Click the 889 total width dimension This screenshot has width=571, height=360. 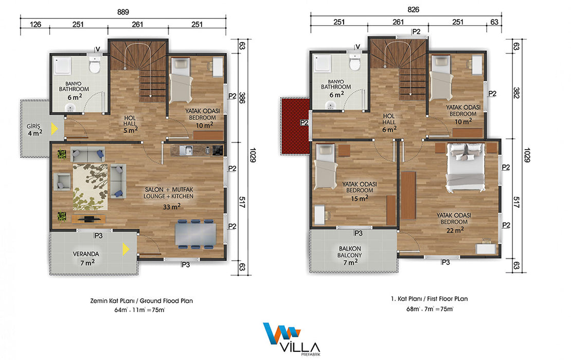coord(123,12)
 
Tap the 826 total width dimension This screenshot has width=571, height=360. coord(413,10)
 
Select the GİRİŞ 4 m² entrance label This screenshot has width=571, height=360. coord(35,130)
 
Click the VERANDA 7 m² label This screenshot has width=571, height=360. coord(86,258)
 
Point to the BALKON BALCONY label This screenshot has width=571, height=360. coord(350,252)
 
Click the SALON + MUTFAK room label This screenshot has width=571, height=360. coord(169,190)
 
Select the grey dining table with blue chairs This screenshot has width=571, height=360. coord(195,233)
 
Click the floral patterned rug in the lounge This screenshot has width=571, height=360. coord(90,187)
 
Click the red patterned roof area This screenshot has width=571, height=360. coord(295,125)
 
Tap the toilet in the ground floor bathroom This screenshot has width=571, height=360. coord(95,65)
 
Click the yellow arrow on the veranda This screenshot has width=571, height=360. coord(126,249)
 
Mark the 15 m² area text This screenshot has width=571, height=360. coord(360,199)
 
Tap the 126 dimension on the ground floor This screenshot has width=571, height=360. coord(35,24)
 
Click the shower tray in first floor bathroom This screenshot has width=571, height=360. coord(323,63)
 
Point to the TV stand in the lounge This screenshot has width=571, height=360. coord(88,219)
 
